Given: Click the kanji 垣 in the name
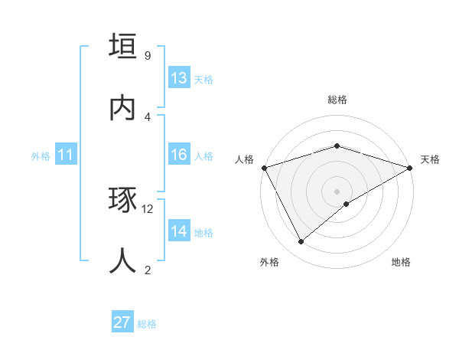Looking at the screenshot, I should (x=122, y=46).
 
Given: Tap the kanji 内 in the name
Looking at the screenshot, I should (x=122, y=107).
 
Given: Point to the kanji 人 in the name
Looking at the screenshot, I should (x=122, y=260).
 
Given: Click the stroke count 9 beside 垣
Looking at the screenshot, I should (x=148, y=56).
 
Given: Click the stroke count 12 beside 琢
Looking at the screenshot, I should (x=148, y=208).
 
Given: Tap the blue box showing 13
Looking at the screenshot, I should (x=179, y=78).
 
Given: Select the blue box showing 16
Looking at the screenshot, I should (x=179, y=155).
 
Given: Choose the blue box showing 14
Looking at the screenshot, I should (x=179, y=231).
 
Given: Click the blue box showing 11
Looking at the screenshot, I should (x=66, y=155).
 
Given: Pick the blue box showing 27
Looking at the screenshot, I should (x=122, y=322).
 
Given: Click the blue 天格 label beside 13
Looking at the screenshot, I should (x=203, y=80).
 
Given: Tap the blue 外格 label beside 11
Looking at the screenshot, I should (x=41, y=156).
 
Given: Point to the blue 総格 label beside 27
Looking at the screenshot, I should (x=147, y=324).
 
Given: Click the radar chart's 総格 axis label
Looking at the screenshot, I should (x=337, y=100).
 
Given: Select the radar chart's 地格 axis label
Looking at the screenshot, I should (x=401, y=262).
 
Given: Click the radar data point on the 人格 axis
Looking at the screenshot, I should (x=264, y=167).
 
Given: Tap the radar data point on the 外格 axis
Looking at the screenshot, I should (x=301, y=242).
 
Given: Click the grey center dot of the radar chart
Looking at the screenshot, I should (x=337, y=191).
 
